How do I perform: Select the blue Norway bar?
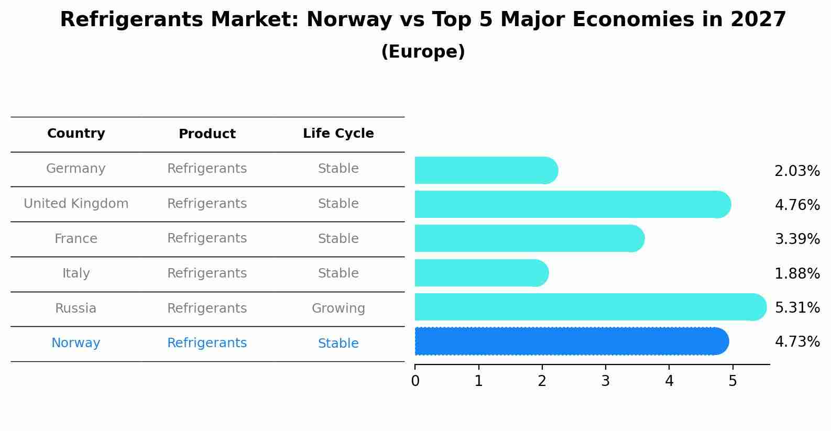pyautogui.click(x=571, y=341)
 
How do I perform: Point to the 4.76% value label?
pyautogui.click(x=797, y=205)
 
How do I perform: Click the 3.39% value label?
pyautogui.click(x=797, y=239)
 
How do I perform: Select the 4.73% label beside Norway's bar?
pyautogui.click(x=797, y=341)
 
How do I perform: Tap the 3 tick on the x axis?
pyautogui.click(x=606, y=381)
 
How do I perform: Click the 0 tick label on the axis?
pyautogui.click(x=415, y=381)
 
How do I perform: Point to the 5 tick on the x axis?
pyautogui.click(x=732, y=381)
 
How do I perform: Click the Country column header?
pyautogui.click(x=76, y=134)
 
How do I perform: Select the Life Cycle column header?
pyautogui.click(x=338, y=134)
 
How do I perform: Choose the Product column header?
pyautogui.click(x=207, y=134)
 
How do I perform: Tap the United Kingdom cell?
pyautogui.click(x=76, y=204)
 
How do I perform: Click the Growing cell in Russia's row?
pyautogui.click(x=338, y=308)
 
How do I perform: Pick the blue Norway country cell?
pyautogui.click(x=76, y=343)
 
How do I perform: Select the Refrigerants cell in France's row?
pyautogui.click(x=207, y=238)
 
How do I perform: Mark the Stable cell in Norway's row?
pyautogui.click(x=338, y=344)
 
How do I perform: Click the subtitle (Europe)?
pyautogui.click(x=423, y=52)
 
